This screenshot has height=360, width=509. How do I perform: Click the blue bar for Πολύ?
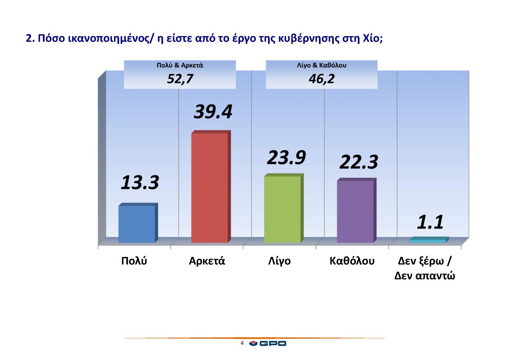click(137, 224)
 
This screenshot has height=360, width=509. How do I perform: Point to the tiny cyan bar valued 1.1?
click(428, 241)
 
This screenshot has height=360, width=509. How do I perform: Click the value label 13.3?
click(140, 183)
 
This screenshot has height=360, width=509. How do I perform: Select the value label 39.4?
click(213, 112)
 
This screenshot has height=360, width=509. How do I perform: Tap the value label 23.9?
click(286, 157)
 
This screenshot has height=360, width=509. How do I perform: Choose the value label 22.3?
click(358, 162)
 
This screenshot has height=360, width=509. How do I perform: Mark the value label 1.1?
click(430, 222)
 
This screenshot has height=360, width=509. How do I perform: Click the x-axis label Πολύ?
click(134, 261)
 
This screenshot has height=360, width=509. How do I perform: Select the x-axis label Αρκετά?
click(207, 261)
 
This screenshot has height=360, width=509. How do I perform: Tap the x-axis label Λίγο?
click(279, 261)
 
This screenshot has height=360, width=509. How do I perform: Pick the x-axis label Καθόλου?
click(352, 261)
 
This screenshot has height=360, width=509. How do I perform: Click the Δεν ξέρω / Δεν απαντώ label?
click(425, 268)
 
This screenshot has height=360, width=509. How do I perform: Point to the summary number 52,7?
click(180, 79)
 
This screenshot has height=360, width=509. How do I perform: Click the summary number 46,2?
click(322, 79)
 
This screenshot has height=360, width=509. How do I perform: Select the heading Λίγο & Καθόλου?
click(322, 66)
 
